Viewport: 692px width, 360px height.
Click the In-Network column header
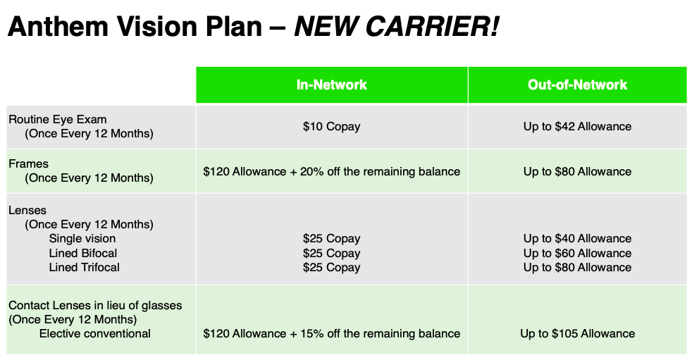click(331, 85)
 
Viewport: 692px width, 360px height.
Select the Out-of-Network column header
click(577, 85)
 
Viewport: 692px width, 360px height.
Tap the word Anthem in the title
click(58, 26)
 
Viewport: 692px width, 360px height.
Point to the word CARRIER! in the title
click(432, 26)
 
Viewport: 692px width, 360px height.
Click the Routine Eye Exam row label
click(57, 120)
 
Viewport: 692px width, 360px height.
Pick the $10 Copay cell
click(331, 127)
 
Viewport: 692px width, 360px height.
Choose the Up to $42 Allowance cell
click(577, 127)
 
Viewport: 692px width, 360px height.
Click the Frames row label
click(28, 163)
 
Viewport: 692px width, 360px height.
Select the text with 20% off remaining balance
click(331, 172)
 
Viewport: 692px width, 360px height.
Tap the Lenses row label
click(27, 210)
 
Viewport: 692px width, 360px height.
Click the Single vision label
click(82, 239)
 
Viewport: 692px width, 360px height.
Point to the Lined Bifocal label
click(83, 253)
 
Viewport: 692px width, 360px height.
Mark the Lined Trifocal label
click(84, 267)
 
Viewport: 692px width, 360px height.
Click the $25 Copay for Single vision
click(331, 239)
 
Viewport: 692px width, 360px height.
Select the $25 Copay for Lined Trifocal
click(331, 267)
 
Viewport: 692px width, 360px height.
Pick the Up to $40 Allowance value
click(577, 239)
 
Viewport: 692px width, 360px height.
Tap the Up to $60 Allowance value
click(577, 253)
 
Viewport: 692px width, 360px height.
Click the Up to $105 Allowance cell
click(577, 333)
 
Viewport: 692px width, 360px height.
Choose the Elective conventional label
click(95, 333)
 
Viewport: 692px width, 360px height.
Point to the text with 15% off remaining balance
click(331, 333)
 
